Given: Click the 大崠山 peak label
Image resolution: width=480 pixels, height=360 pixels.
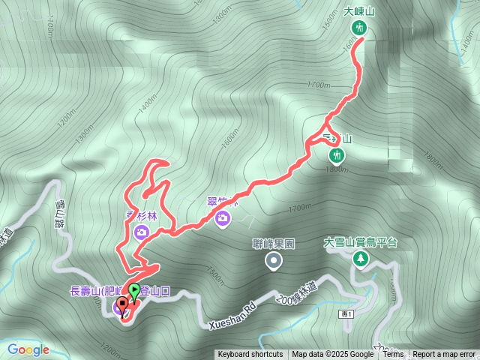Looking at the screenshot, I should tap(358, 11).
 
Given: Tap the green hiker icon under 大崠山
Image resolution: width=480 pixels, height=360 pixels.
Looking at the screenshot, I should tap(358, 28).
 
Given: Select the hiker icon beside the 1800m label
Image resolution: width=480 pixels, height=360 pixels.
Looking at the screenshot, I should tap(337, 155).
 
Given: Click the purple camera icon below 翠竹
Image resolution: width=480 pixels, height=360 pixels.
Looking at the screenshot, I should tap(222, 218).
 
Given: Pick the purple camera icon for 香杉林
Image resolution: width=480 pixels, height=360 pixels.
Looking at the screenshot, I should tap(142, 232).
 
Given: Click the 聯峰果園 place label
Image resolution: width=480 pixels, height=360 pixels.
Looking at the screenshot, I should tap(274, 244).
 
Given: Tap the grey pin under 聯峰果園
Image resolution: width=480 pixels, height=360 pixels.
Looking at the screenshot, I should tap(274, 260).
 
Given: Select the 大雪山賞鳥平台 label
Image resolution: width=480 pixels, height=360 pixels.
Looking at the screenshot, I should tap(360, 242).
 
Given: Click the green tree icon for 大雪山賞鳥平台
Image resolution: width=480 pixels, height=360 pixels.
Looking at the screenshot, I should tap(361, 258).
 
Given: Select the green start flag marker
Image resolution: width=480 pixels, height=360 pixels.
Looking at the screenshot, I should tap(133, 291).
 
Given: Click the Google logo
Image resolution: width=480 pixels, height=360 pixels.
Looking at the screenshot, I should tap(28, 349).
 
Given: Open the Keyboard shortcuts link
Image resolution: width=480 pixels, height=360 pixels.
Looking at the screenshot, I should tap(250, 355).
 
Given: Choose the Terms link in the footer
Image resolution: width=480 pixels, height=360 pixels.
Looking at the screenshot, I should tap(392, 355).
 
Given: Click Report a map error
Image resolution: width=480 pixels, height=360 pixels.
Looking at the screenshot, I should tap(444, 355).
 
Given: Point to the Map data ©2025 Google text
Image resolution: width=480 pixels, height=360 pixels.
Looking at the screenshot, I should tap(332, 355).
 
